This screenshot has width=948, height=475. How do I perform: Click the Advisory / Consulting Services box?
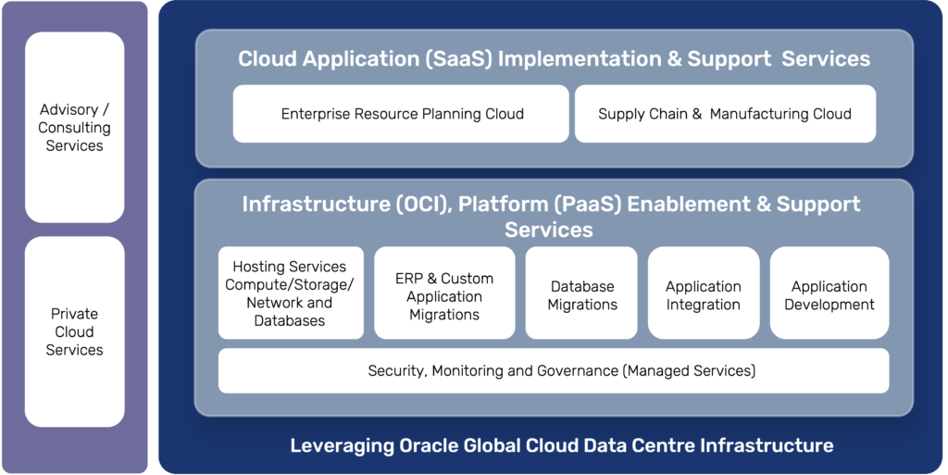74,128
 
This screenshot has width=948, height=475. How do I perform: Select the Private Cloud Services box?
74,331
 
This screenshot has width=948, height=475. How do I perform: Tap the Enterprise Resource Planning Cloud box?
401,114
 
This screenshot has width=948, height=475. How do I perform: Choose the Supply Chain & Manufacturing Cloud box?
724,114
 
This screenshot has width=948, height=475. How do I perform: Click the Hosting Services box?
290,293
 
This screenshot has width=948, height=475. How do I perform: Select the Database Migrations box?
581,295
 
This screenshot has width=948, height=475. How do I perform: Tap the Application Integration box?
703,295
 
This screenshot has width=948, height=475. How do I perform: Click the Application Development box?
829,295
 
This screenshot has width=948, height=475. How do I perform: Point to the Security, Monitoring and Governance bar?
553,370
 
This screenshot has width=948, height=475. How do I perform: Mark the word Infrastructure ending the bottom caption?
767,445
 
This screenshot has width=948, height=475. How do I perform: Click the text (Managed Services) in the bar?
690,370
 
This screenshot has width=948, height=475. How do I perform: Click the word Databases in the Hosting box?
290,320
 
